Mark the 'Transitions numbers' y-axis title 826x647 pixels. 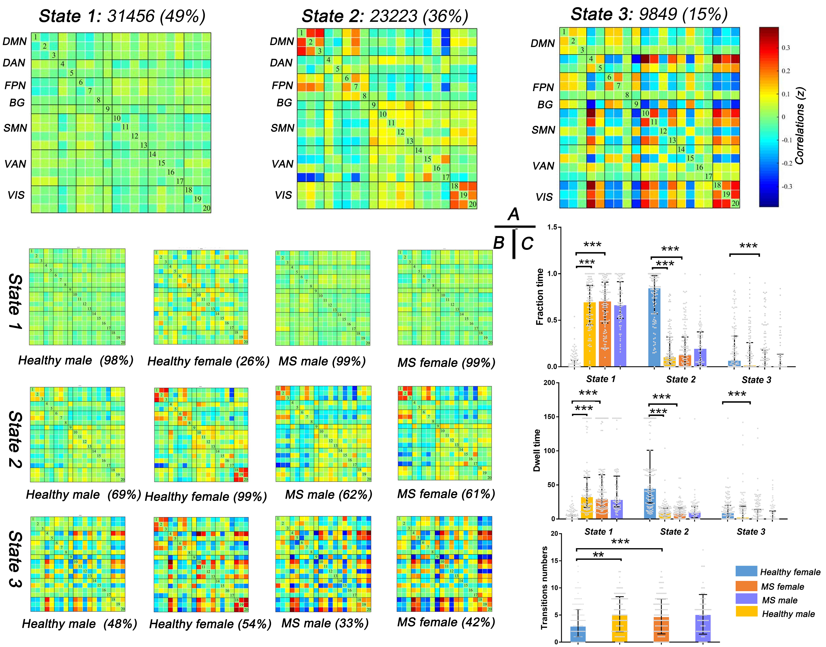(544, 588)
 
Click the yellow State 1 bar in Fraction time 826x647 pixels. (589, 334)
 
